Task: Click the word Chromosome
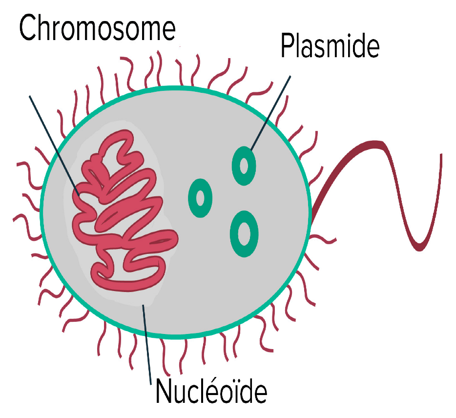click(97, 29)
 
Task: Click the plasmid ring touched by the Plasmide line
click(244, 166)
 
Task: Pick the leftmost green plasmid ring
click(200, 198)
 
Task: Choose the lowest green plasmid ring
click(245, 233)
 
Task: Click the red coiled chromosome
click(122, 215)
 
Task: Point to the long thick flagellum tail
click(391, 186)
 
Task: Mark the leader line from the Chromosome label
click(54, 144)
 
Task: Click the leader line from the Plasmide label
click(271, 112)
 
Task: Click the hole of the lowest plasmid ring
click(245, 233)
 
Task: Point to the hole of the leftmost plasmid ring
click(200, 198)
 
